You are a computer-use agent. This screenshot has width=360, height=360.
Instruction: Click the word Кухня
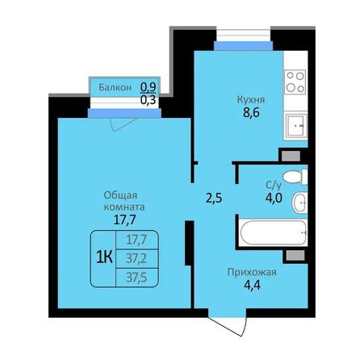[252, 101]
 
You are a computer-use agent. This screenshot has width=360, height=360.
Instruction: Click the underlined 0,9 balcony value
[149, 86]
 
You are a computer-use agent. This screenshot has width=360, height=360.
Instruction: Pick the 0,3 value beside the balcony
[149, 100]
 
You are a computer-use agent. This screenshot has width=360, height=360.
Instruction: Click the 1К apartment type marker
[104, 257]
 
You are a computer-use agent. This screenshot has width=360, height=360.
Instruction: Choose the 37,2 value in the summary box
[136, 256]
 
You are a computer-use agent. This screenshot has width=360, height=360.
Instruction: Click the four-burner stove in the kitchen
[295, 82]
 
